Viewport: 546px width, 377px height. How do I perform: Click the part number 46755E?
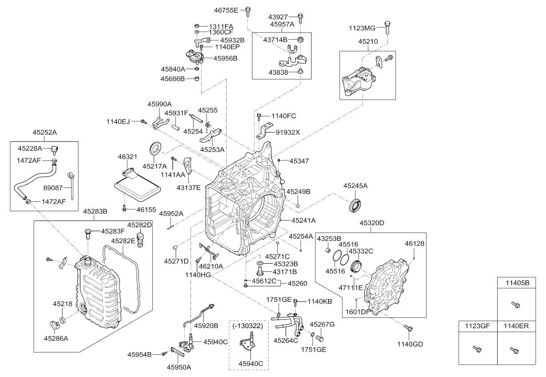227,9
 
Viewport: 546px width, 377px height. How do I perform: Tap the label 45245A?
355,186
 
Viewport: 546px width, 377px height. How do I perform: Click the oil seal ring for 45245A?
355,205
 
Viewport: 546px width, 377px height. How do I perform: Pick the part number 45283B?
96,211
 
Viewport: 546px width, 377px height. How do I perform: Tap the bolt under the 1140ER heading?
515,350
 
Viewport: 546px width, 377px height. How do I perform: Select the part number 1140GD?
410,344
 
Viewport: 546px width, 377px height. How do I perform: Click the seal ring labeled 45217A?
155,148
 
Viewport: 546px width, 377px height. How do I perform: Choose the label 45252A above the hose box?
44,132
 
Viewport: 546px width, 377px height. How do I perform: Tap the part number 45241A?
304,220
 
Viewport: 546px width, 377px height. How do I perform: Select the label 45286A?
56,338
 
